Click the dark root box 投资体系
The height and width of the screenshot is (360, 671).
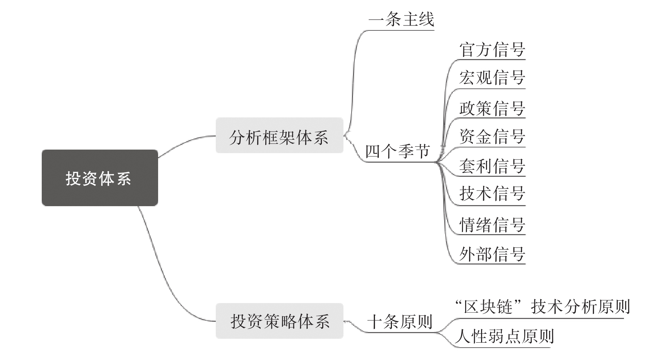99,178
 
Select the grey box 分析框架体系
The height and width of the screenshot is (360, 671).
279,135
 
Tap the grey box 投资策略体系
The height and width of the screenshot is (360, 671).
279,321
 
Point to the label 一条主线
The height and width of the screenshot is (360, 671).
401,19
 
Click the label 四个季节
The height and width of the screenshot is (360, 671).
397,151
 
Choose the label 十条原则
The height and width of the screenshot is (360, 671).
400,321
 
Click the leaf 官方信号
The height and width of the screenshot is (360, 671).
492,50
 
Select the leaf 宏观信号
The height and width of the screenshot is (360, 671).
492,78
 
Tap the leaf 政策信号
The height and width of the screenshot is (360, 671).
492,108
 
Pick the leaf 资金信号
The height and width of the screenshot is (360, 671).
492,137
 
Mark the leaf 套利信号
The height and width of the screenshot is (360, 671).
492,166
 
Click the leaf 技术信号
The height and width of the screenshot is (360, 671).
492,193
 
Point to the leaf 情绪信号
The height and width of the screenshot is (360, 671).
492,225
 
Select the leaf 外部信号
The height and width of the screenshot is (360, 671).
492,254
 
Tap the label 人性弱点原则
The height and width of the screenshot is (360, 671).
504,336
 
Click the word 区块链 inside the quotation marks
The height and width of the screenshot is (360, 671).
488,307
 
